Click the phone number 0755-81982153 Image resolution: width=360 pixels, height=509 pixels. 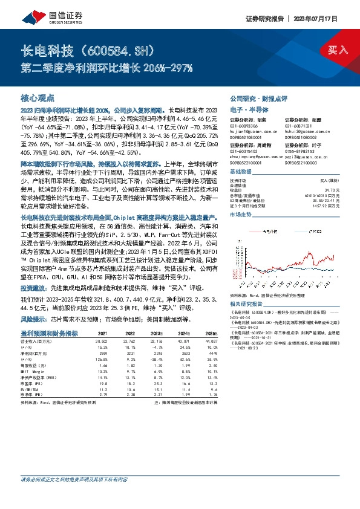[x=301, y=151]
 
